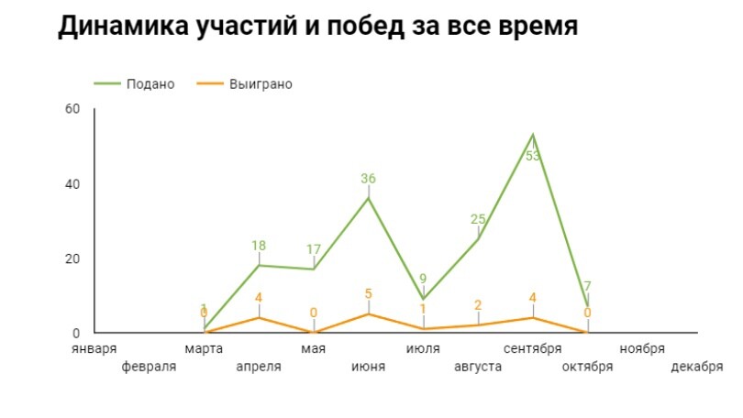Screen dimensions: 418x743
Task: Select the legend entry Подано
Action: tap(150, 84)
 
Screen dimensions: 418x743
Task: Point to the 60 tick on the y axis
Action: tap(72, 109)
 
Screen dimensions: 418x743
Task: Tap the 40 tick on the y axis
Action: tap(72, 184)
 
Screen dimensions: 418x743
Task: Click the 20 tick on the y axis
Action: tap(72, 258)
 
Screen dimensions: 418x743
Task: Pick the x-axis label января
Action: tap(95, 349)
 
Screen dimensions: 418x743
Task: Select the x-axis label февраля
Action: tap(149, 367)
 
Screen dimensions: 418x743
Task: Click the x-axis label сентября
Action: tap(533, 349)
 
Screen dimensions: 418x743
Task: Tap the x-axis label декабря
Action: tap(697, 367)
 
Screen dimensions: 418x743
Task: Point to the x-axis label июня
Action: tap(369, 367)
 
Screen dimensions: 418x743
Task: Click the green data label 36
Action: tap(369, 179)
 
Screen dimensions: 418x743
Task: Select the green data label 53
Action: tap(533, 156)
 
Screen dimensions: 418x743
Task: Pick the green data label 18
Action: tap(259, 246)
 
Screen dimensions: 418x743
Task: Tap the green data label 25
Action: tap(478, 219)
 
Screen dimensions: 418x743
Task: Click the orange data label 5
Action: tap(369, 294)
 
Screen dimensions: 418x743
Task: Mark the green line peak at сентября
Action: tap(533, 135)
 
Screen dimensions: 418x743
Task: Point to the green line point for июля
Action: tap(424, 299)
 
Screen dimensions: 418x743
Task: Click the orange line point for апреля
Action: tap(259, 317)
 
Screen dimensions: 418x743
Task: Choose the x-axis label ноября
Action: tap(642, 349)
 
